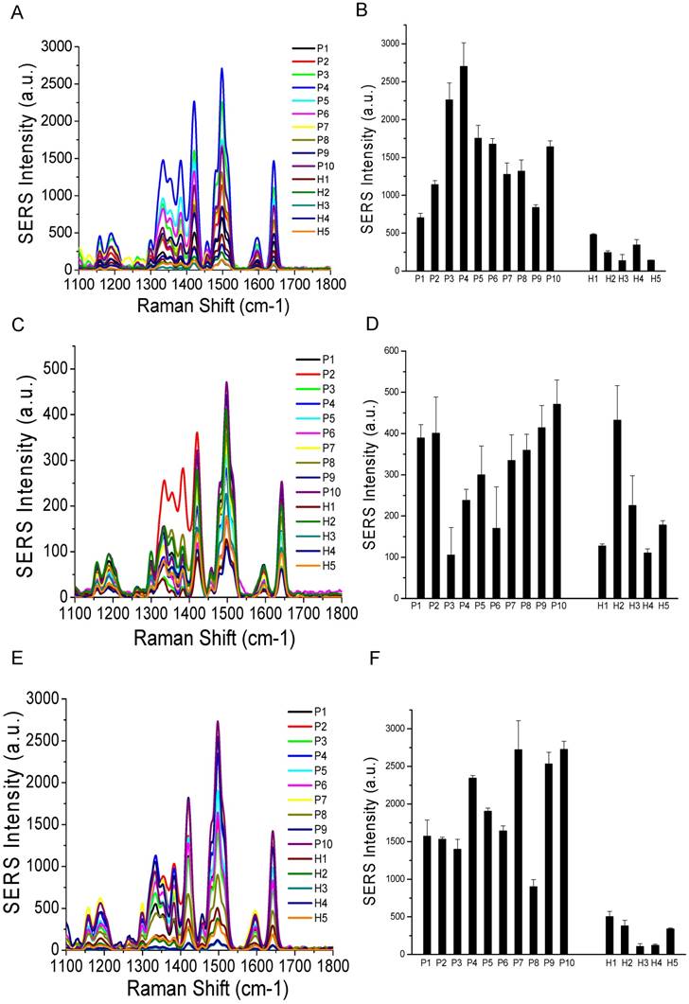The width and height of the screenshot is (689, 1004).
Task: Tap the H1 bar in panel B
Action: click(592, 252)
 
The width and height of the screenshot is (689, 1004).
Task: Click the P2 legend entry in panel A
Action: click(308, 62)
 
